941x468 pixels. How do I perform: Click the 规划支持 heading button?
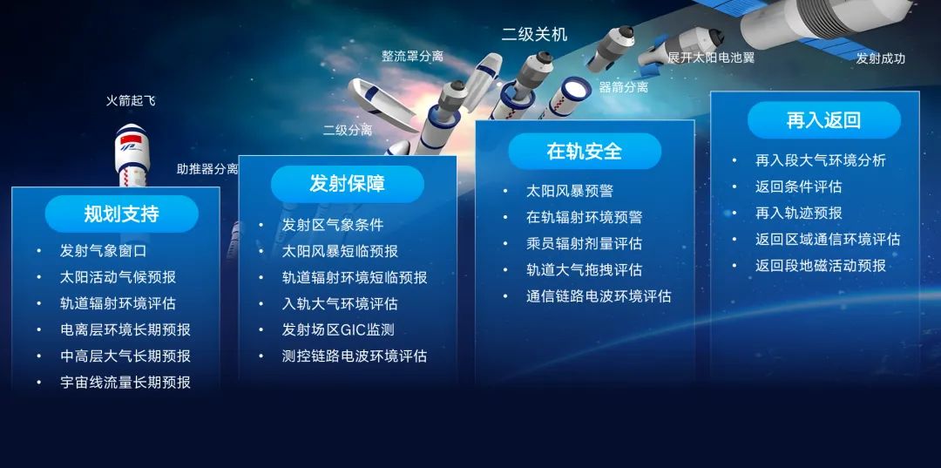pyautogui.click(x=121, y=214)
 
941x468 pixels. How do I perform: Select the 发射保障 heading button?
pyautogui.click(x=347, y=184)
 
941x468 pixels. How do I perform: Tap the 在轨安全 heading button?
pyautogui.click(x=585, y=151)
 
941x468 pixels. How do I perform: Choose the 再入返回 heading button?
pyautogui.click(x=823, y=120)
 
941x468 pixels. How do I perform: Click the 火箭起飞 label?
pyautogui.click(x=131, y=101)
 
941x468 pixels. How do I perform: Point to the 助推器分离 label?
pyautogui.click(x=207, y=169)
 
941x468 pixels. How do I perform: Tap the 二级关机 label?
pyautogui.click(x=534, y=35)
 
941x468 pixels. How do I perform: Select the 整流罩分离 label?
pyautogui.click(x=412, y=57)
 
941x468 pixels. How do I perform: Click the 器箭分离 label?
pyautogui.click(x=623, y=87)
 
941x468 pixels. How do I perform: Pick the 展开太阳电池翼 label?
pyautogui.click(x=711, y=58)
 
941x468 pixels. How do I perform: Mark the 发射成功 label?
pyautogui.click(x=880, y=59)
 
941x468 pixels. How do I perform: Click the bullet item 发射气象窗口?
pyautogui.click(x=103, y=251)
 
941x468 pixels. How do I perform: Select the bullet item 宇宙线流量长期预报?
pyautogui.click(x=125, y=382)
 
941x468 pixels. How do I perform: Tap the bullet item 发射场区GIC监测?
pyautogui.click(x=338, y=329)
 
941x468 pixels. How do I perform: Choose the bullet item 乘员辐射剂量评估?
pyautogui.click(x=584, y=243)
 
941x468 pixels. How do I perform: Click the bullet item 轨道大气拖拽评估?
pyautogui.click(x=584, y=269)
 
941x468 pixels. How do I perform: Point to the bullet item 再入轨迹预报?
pyautogui.click(x=798, y=213)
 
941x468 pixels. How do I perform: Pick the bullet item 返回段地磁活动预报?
pyautogui.click(x=820, y=265)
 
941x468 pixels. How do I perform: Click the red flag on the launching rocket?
pyautogui.click(x=128, y=140)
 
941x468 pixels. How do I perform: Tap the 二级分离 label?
pyautogui.click(x=348, y=131)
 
